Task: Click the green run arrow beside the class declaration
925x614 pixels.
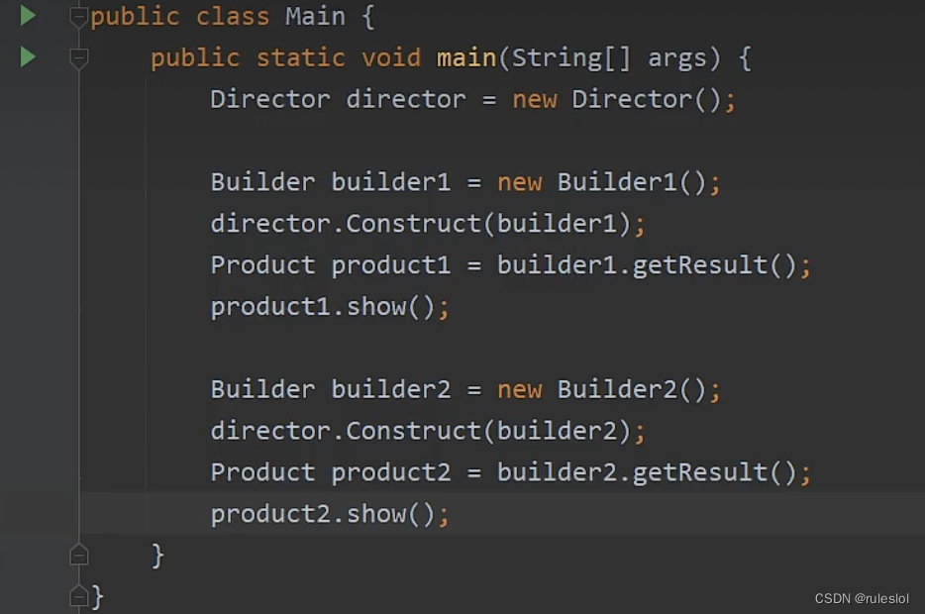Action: point(28,16)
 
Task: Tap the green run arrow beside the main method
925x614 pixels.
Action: point(28,57)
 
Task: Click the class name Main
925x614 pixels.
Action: point(315,17)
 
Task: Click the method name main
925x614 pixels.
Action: point(466,58)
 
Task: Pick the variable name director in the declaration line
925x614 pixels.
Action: point(405,100)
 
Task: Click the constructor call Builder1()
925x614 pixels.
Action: point(632,182)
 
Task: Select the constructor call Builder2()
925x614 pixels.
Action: point(632,389)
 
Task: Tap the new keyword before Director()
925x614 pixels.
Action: point(534,100)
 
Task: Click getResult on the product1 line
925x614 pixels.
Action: point(700,265)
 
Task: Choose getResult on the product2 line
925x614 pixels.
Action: point(700,472)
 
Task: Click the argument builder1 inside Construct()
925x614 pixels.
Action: point(557,224)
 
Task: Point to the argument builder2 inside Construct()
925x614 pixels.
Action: point(557,431)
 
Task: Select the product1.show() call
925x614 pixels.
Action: point(323,307)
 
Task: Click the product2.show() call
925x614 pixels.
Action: point(323,514)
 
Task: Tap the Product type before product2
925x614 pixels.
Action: point(262,472)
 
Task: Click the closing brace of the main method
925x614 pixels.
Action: point(157,555)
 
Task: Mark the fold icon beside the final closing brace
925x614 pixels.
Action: point(79,596)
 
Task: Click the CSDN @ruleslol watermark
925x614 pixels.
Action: point(861,598)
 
